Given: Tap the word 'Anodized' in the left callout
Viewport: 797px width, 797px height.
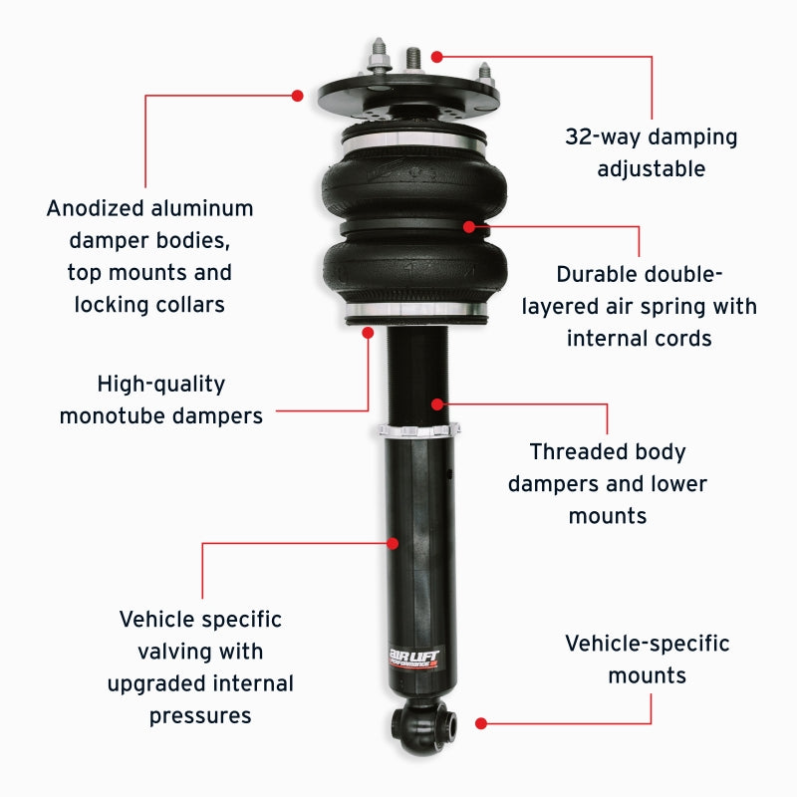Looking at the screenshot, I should pos(97,209).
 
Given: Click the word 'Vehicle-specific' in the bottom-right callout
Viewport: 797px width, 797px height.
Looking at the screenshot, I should pos(647,644).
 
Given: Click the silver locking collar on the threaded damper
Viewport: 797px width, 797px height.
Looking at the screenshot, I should pos(418,430).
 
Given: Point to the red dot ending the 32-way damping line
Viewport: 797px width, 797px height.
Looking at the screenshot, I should pos(436,58).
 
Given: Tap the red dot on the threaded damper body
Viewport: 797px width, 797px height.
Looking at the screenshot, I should pos(436,404).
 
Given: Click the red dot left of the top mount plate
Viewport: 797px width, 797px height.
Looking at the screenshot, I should pos(297,96).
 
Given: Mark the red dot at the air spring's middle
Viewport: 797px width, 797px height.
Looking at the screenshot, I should pos(468,227).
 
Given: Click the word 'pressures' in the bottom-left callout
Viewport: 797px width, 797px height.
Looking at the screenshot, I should pos(200,715).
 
